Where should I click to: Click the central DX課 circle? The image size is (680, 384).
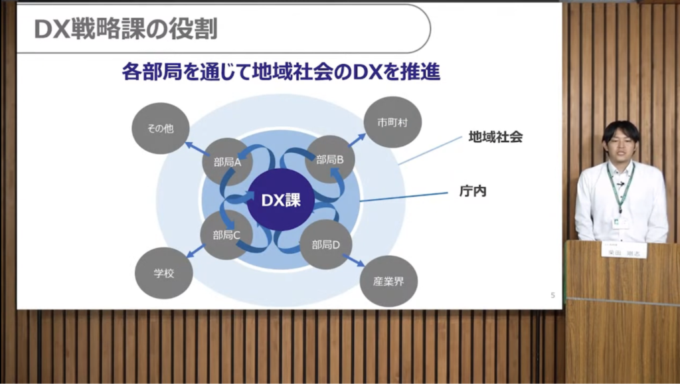[280, 199]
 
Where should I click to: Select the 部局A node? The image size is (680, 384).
[227, 161]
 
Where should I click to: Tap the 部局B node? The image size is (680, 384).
[330, 159]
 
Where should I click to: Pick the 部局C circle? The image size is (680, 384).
[226, 235]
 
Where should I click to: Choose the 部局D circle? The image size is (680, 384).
[326, 244]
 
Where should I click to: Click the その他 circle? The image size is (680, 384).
[160, 128]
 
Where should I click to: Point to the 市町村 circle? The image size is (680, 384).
[392, 122]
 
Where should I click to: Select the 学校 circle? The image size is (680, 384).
[163, 273]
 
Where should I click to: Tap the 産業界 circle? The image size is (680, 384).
[388, 281]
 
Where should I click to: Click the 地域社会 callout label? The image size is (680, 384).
[495, 138]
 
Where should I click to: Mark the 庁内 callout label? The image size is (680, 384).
[473, 191]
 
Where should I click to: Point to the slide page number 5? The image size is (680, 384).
[552, 296]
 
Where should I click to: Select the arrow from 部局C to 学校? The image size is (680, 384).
[196, 251]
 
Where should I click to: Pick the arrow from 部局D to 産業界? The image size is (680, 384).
[354, 260]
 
